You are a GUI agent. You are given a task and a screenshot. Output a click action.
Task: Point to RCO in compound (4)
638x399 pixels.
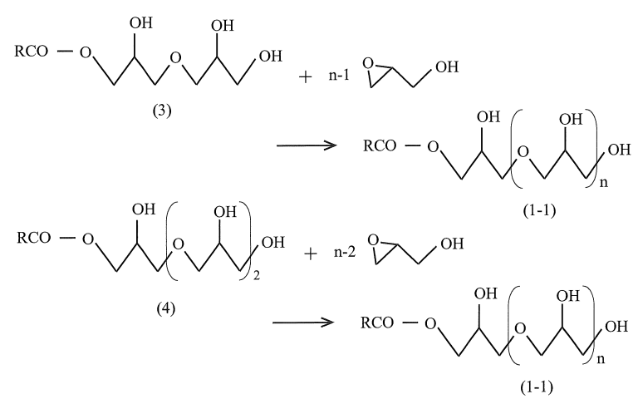click(36, 239)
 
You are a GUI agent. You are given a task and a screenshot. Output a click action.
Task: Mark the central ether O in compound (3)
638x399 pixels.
click(172, 58)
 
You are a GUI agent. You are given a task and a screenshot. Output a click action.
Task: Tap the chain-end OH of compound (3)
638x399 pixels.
click(271, 57)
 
